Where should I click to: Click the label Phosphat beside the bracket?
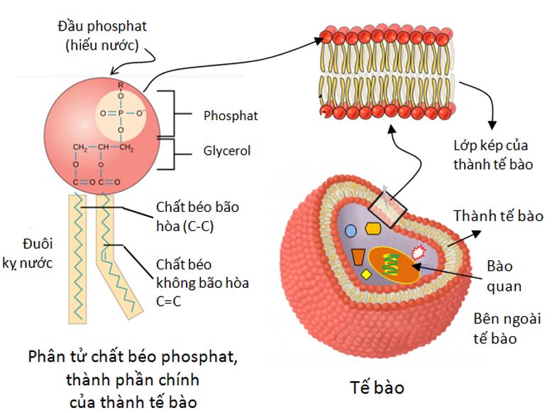230,115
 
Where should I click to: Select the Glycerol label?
227,151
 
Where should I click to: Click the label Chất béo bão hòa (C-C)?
197,216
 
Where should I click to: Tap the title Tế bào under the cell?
377,388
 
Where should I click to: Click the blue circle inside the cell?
350,230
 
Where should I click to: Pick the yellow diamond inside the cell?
366,274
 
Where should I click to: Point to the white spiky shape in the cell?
419,251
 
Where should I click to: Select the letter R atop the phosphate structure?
121,85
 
